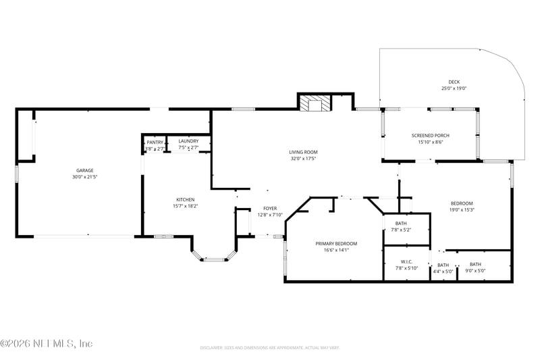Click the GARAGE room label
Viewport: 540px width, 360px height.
click(x=84, y=170)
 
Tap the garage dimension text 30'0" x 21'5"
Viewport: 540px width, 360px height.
click(x=84, y=177)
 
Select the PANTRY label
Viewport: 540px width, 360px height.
click(x=155, y=142)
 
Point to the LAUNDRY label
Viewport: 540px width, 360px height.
click(x=188, y=141)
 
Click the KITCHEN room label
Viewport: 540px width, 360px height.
click(x=186, y=199)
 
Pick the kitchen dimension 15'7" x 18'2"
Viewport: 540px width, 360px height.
click(x=186, y=206)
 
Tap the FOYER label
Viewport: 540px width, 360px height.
click(x=270, y=209)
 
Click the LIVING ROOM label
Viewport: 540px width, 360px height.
click(x=304, y=152)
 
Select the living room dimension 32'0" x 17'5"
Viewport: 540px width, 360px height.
click(x=304, y=159)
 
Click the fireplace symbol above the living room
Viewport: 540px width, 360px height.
click(x=315, y=103)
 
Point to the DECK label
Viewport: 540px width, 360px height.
click(x=454, y=82)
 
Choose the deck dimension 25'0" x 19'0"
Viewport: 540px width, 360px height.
click(x=454, y=88)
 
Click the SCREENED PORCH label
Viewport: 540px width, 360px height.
click(x=430, y=136)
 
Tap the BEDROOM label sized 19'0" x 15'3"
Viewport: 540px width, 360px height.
click(x=462, y=203)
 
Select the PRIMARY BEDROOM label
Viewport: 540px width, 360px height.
click(x=335, y=243)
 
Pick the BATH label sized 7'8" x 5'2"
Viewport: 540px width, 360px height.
click(x=401, y=224)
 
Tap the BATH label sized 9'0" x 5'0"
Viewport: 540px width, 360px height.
click(x=475, y=264)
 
